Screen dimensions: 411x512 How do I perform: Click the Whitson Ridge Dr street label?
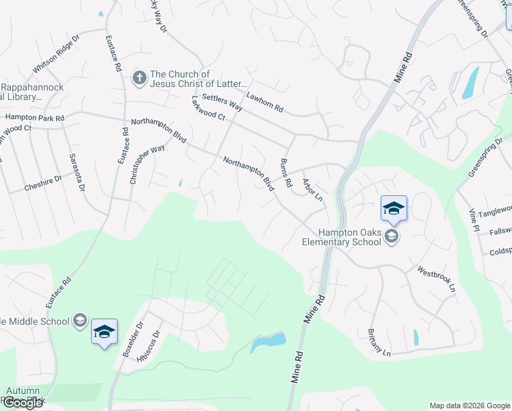pyautogui.click(x=57, y=55)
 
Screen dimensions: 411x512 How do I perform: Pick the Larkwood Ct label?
pyautogui.click(x=208, y=109)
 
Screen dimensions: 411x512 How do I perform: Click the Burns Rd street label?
pyautogui.click(x=286, y=173)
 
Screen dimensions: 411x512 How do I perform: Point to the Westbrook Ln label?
pyautogui.click(x=437, y=279)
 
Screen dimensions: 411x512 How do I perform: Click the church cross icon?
pyautogui.click(x=139, y=77)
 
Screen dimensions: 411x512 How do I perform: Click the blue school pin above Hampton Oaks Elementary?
pyautogui.click(x=394, y=208)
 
